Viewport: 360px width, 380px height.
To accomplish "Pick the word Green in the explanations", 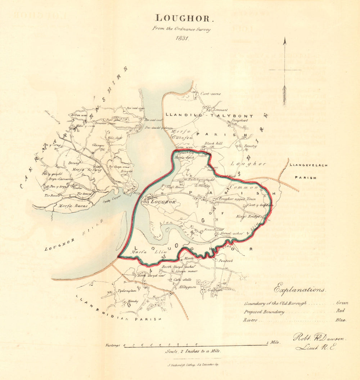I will (x=342, y=303).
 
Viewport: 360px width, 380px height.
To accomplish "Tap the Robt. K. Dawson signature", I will (x=319, y=337).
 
